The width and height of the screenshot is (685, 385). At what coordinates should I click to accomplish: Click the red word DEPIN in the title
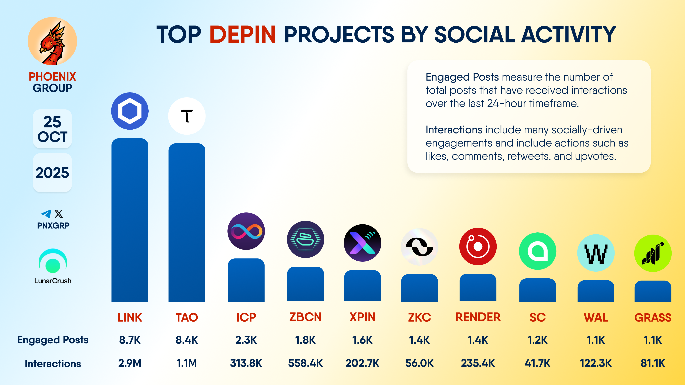coord(242,35)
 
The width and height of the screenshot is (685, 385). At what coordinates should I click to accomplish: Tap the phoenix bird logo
coord(52,41)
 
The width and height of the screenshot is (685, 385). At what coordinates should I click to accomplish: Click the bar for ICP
coord(246,280)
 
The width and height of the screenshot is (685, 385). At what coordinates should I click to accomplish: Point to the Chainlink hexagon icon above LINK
coord(130,111)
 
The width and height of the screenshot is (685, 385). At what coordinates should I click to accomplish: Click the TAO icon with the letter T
coord(187,116)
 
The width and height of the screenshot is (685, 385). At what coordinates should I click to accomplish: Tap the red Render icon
coord(478,246)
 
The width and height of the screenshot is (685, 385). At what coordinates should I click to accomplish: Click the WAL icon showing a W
coord(596,253)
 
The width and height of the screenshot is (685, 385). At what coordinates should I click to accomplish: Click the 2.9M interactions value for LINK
coord(130,363)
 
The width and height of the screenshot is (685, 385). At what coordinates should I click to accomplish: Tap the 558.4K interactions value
coord(305,363)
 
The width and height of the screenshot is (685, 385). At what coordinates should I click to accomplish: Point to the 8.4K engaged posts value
coord(187,340)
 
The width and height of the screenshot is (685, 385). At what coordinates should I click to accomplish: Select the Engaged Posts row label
coord(53,340)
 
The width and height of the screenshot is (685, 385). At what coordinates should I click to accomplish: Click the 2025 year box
coord(52,173)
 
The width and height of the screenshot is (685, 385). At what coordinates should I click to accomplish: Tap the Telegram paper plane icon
coord(46,214)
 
